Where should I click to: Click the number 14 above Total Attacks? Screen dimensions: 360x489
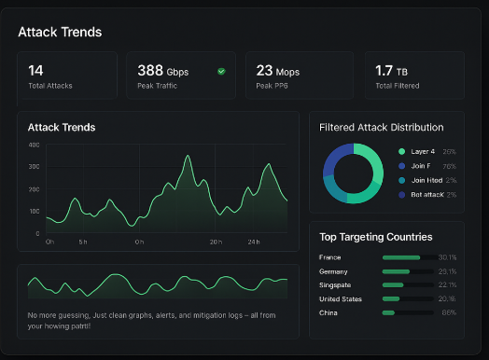(35, 70)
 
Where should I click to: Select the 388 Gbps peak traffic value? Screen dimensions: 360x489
(162, 71)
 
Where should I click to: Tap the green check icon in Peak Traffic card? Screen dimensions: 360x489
(221, 71)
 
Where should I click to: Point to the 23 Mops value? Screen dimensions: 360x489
(277, 71)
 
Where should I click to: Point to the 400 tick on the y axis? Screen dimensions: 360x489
(34, 145)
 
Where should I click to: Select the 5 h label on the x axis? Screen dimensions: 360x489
(82, 242)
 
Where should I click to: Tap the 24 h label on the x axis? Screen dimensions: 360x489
(253, 242)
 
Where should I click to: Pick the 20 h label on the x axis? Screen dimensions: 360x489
(215, 242)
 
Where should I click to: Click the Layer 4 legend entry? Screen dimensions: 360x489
(422, 151)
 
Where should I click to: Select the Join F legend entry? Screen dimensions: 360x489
(420, 166)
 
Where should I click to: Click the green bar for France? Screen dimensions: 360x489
(401, 256)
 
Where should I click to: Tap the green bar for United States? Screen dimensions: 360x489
(391, 298)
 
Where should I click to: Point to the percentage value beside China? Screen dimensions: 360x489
(448, 312)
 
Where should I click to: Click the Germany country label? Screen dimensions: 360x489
(334, 270)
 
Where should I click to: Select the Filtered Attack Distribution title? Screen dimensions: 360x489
(381, 127)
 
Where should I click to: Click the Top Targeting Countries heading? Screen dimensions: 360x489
(375, 237)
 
